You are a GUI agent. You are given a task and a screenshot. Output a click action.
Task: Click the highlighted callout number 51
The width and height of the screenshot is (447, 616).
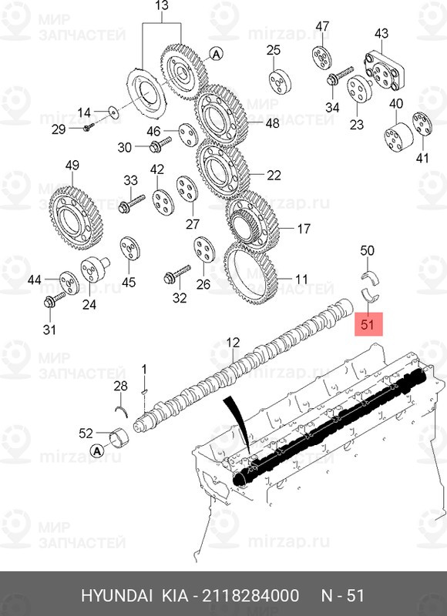click(368, 325)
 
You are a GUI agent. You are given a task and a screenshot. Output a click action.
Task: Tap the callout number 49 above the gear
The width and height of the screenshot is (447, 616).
click(72, 166)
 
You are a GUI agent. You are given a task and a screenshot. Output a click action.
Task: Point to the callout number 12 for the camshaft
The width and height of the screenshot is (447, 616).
click(234, 341)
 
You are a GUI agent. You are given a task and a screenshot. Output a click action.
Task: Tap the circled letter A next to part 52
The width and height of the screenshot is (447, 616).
click(97, 450)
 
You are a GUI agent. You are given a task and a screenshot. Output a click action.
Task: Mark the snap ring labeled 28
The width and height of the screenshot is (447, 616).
click(119, 409)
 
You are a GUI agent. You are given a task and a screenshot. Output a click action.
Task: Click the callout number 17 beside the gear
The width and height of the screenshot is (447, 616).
click(303, 229)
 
